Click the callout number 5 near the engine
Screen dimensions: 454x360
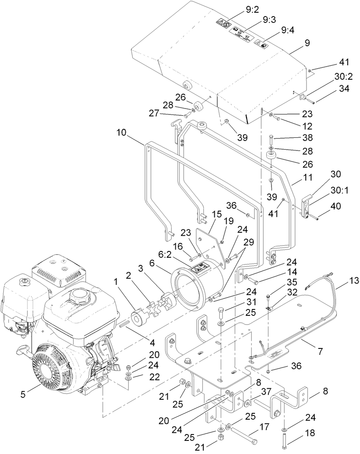tap(23, 394)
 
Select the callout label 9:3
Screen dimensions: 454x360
tap(269, 19)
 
